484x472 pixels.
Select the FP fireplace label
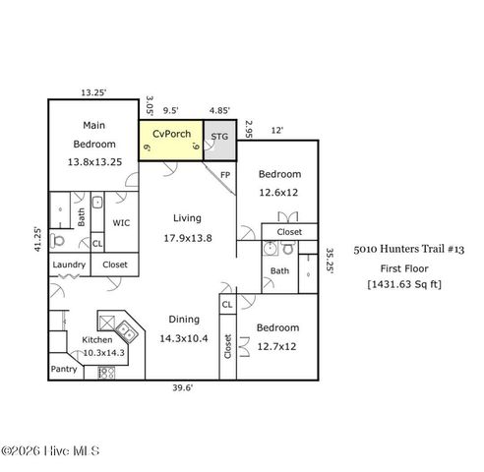point(225,175)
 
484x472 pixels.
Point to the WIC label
point(121,223)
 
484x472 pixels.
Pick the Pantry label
point(64,370)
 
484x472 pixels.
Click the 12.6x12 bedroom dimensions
point(278,193)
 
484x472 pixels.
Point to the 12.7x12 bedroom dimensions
point(276,346)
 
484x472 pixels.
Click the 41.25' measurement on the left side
point(37,240)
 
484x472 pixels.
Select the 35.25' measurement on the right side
point(330,264)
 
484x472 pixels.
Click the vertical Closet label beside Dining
point(227,346)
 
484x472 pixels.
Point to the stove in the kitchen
point(107,373)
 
